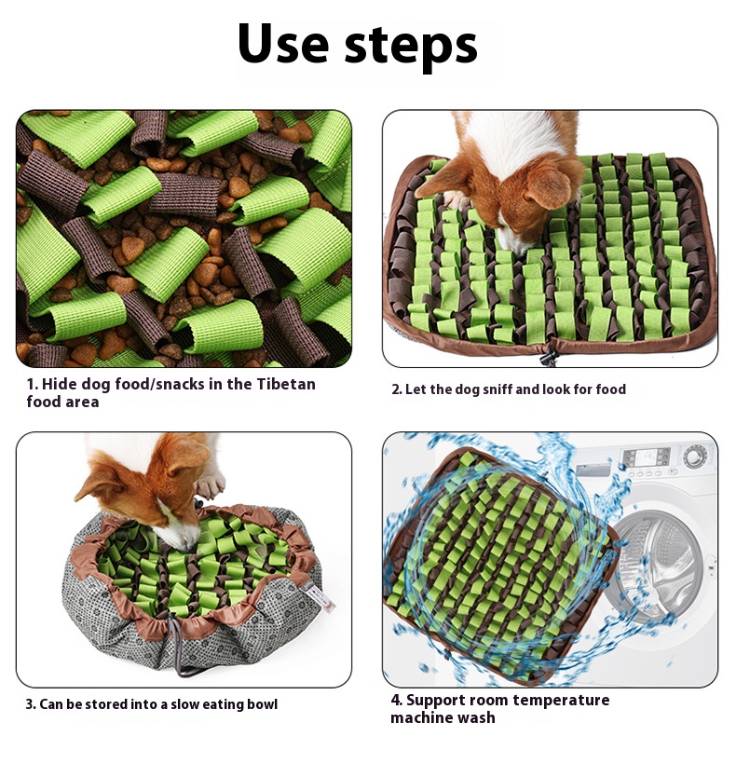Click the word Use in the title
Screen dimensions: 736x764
[x=283, y=44]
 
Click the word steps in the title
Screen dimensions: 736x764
[x=411, y=48]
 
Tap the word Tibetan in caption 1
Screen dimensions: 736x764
[x=286, y=384]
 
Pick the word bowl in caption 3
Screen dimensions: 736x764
[x=262, y=704]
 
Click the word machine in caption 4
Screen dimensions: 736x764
[x=419, y=717]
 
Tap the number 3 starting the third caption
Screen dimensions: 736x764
[x=30, y=704]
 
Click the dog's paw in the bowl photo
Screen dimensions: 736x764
[x=211, y=484]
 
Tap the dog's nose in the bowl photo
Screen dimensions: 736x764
[x=184, y=547]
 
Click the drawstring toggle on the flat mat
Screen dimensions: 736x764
[x=549, y=354]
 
